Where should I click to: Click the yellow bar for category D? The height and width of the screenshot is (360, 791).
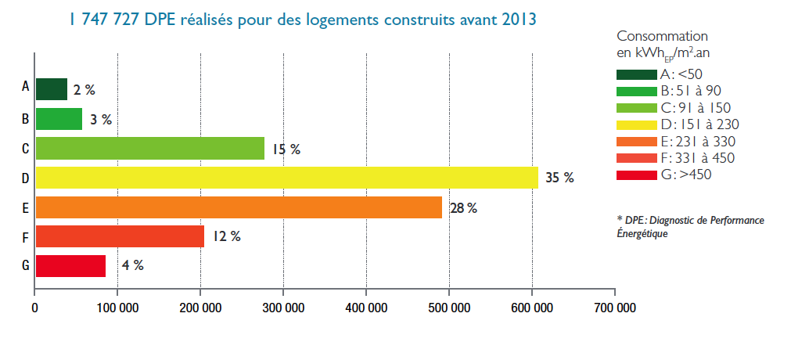[286, 178]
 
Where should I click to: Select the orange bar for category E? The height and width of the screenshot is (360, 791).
[239, 207]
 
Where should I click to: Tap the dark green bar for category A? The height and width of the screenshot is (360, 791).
[51, 89]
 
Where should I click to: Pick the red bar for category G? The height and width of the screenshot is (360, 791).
[70, 266]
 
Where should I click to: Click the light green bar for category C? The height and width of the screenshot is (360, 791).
[149, 148]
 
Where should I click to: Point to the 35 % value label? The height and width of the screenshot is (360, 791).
[559, 178]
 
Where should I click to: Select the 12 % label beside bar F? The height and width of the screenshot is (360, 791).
[225, 236]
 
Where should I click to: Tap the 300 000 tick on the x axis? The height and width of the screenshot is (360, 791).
[283, 308]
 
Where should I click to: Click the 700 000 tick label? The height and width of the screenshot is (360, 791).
[615, 308]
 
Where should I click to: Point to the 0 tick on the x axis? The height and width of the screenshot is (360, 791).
[35, 308]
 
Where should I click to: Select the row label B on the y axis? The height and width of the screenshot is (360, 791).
[26, 119]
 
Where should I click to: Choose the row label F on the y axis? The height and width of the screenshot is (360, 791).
[26, 236]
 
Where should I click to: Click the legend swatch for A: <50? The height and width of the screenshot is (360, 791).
[636, 74]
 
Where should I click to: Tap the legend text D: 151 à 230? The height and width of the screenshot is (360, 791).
[699, 124]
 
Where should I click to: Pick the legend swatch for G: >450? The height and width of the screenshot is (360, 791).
[636, 175]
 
